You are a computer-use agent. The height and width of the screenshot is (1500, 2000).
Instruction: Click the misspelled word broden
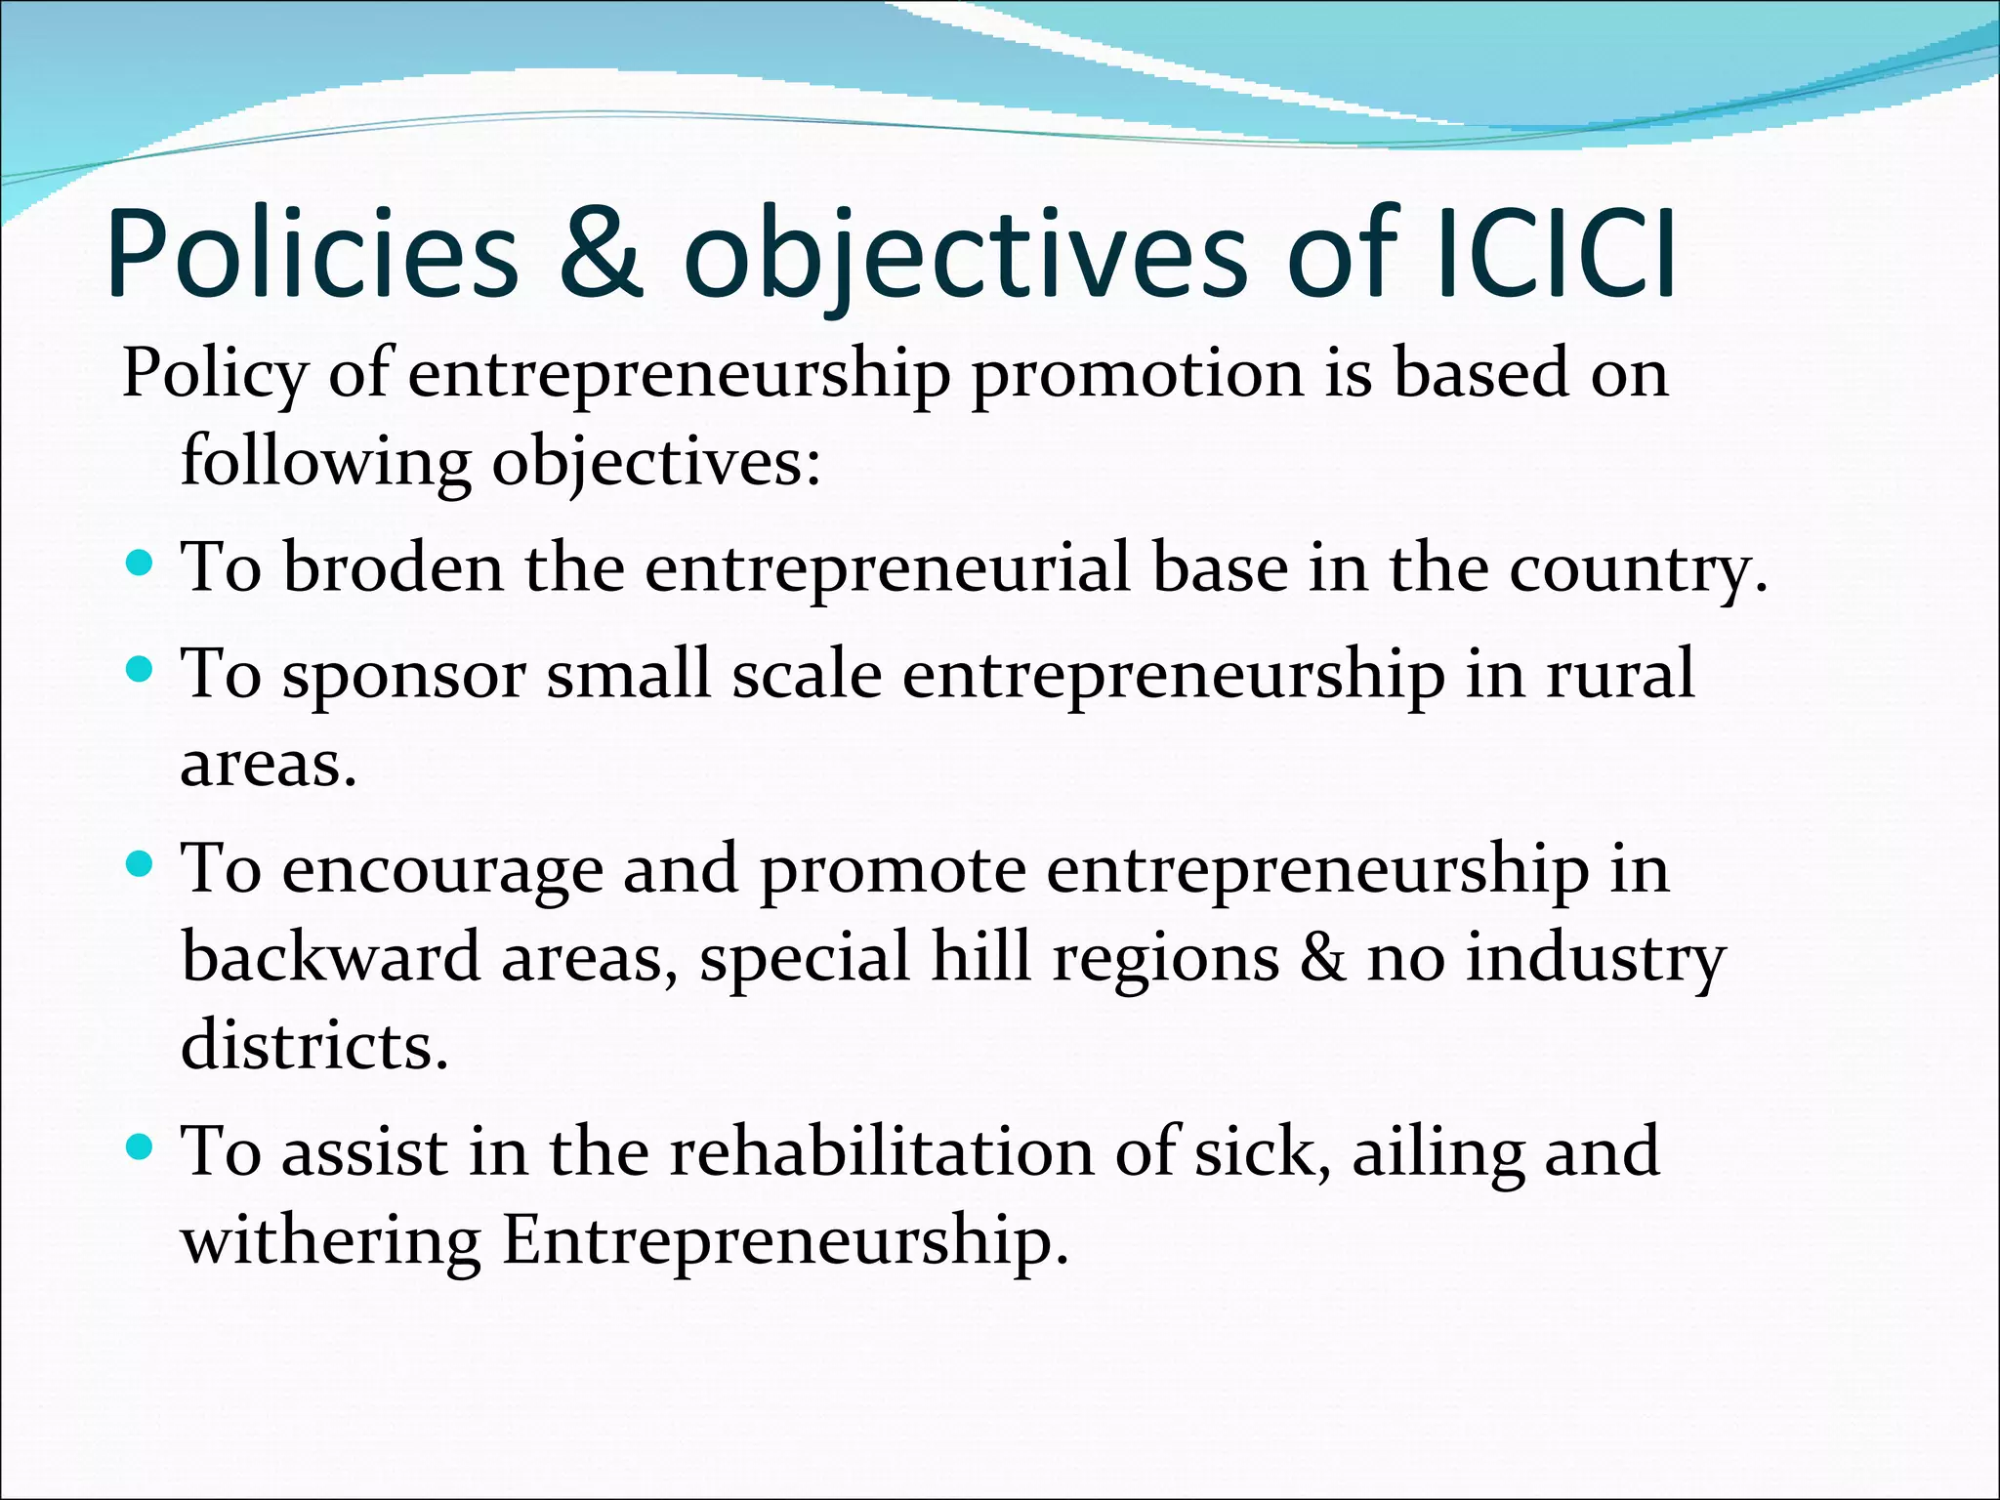tap(393, 568)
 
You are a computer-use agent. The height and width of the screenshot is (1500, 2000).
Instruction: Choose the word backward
tap(330, 957)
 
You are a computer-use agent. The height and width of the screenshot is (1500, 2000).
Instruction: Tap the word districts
tap(314, 1045)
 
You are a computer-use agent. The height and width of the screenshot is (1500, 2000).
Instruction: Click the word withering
tap(330, 1241)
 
